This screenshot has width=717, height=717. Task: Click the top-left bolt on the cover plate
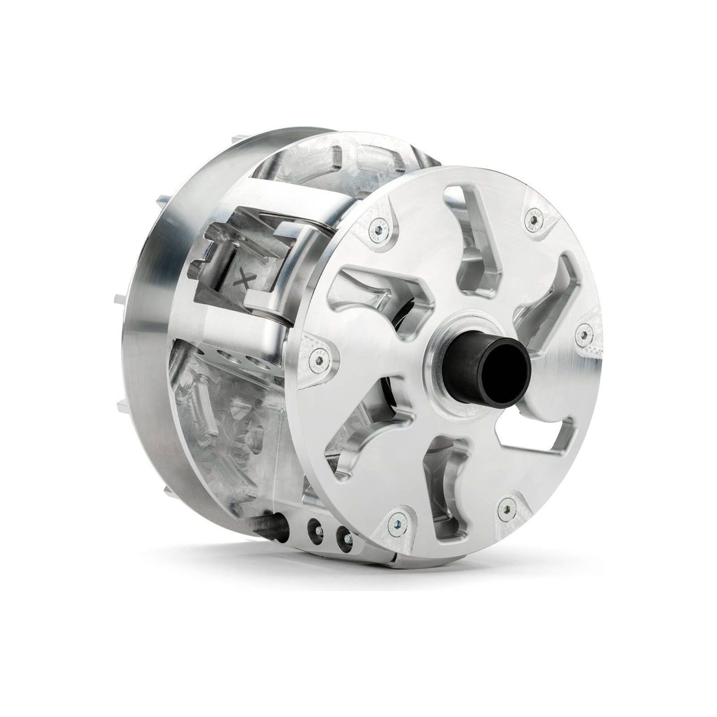click(x=378, y=229)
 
